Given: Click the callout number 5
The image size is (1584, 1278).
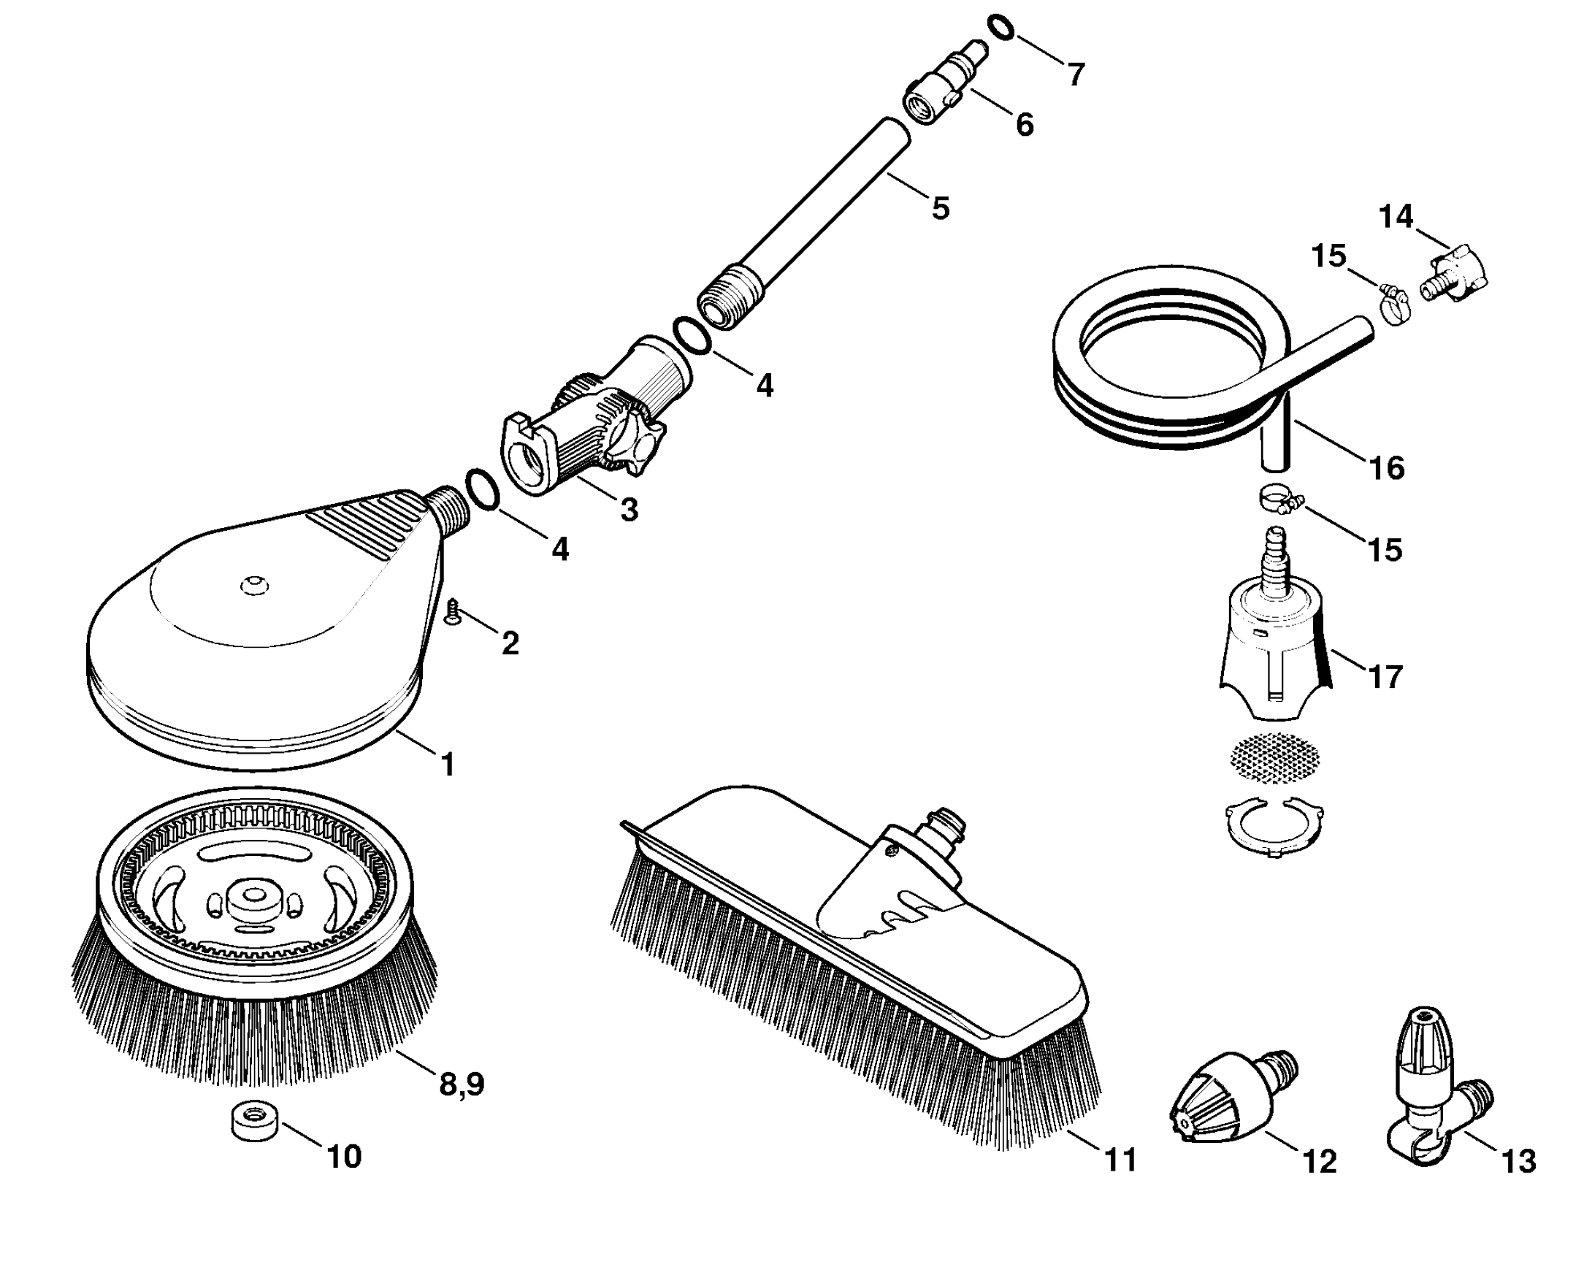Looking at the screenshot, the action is (x=940, y=208).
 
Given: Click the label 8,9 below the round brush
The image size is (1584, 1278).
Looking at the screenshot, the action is (x=462, y=1084).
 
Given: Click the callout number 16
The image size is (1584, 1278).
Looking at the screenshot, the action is (x=1387, y=468).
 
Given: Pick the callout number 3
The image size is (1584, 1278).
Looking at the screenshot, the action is (x=629, y=510).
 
